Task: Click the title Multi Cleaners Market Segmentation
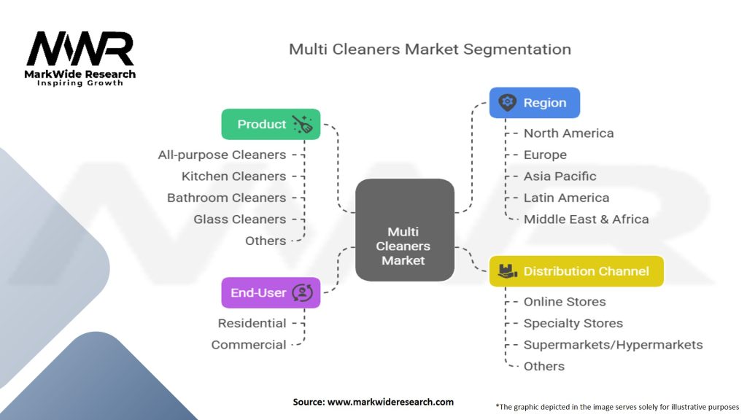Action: coord(430,50)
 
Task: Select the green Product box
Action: coord(271,124)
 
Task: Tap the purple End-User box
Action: coord(271,292)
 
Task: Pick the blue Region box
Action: coord(535,103)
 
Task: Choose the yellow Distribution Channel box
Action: coord(576,271)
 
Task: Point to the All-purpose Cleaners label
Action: coord(222,155)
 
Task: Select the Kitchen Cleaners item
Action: coord(233,176)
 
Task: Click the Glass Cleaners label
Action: coord(239,219)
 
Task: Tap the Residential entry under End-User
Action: coord(252,323)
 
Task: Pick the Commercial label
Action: coord(249,344)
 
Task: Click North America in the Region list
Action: coord(568,133)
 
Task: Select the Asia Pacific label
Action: coord(560,176)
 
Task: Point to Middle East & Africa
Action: coord(586,219)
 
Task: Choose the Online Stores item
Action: coord(564,302)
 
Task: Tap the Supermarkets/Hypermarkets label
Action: coord(613,344)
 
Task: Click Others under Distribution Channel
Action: coord(543,366)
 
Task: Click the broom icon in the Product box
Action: coord(302,124)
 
